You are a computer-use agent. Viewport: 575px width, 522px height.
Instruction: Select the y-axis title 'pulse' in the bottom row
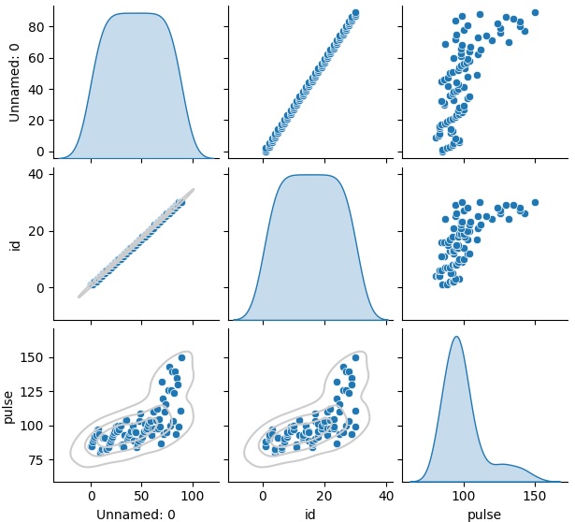9,406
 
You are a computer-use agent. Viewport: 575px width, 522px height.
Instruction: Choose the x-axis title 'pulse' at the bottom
484,514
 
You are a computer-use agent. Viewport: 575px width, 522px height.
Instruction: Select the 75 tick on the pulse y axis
36,459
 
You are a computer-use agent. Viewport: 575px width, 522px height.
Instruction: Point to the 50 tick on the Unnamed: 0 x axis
141,495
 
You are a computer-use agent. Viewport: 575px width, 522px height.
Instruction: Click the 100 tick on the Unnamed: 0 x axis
193,495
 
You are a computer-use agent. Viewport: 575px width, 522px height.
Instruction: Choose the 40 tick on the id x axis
386,495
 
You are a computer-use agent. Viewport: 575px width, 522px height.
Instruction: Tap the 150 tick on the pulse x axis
535,495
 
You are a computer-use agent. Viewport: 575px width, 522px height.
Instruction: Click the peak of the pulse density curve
456,337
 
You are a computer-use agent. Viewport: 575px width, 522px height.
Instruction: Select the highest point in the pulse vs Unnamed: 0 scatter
181,357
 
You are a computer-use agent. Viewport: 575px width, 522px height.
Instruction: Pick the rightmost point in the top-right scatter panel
535,13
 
